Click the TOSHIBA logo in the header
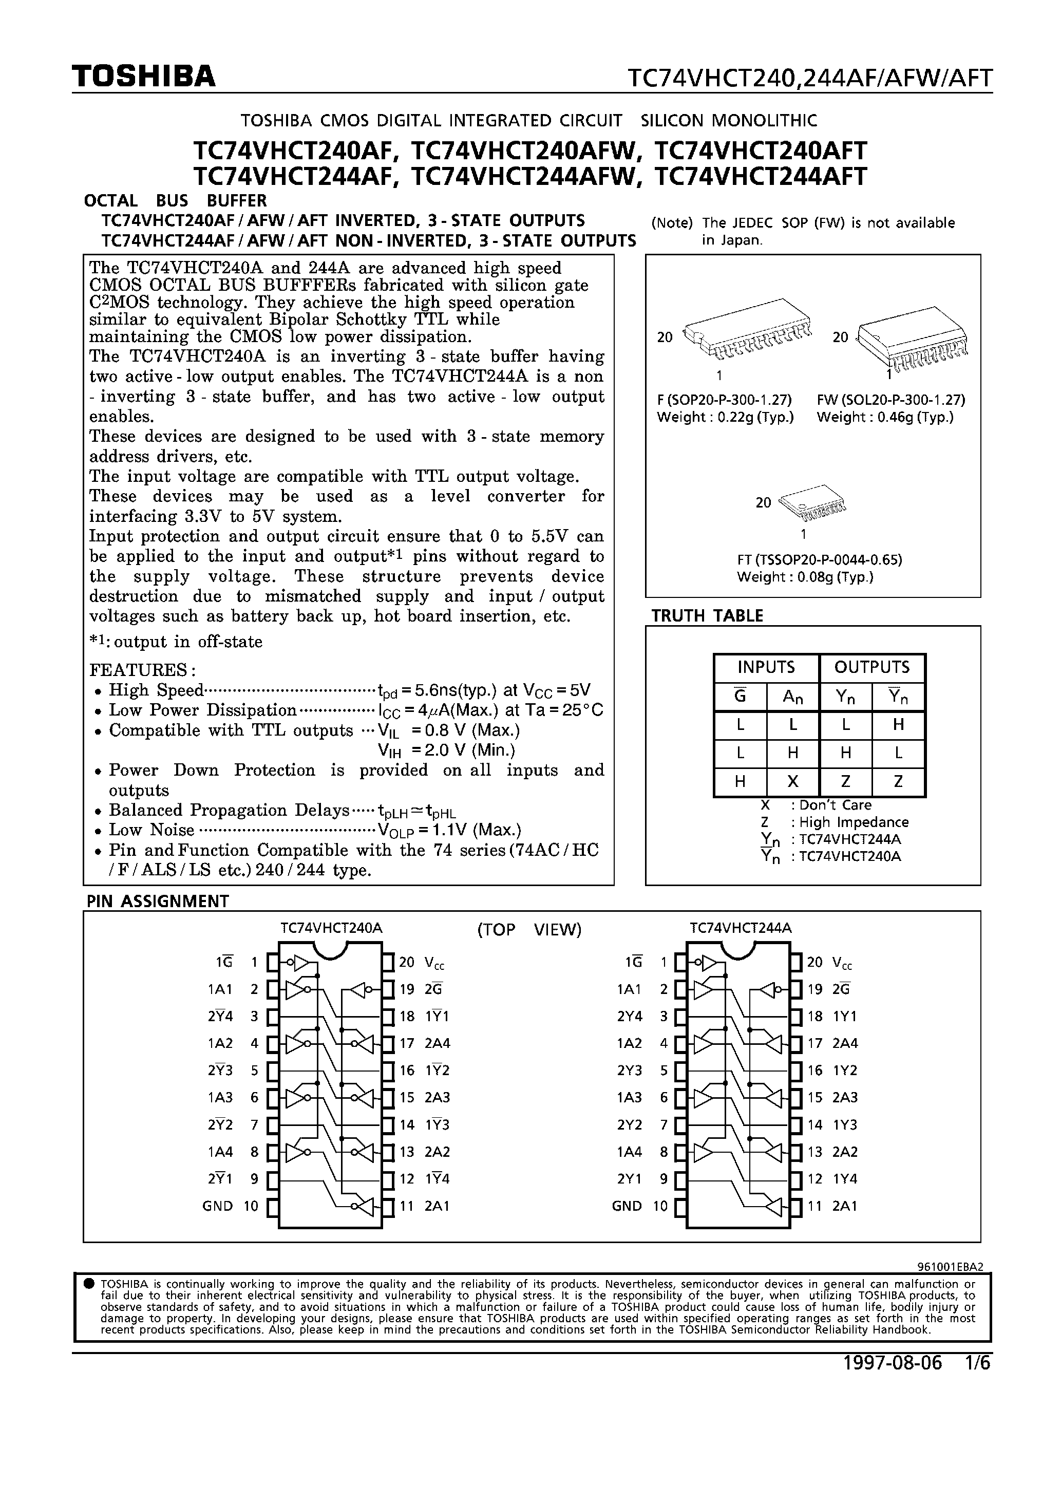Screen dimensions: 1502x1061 (x=143, y=77)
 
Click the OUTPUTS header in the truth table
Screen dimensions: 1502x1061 (x=871, y=667)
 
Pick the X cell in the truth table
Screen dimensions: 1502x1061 (x=792, y=782)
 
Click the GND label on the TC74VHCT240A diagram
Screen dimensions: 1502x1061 (x=217, y=1206)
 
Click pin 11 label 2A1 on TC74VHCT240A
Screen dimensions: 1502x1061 (x=437, y=1206)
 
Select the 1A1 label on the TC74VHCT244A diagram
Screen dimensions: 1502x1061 (x=628, y=989)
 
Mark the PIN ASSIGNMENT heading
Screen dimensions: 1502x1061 (x=158, y=902)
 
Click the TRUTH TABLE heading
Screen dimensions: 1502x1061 (x=707, y=615)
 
